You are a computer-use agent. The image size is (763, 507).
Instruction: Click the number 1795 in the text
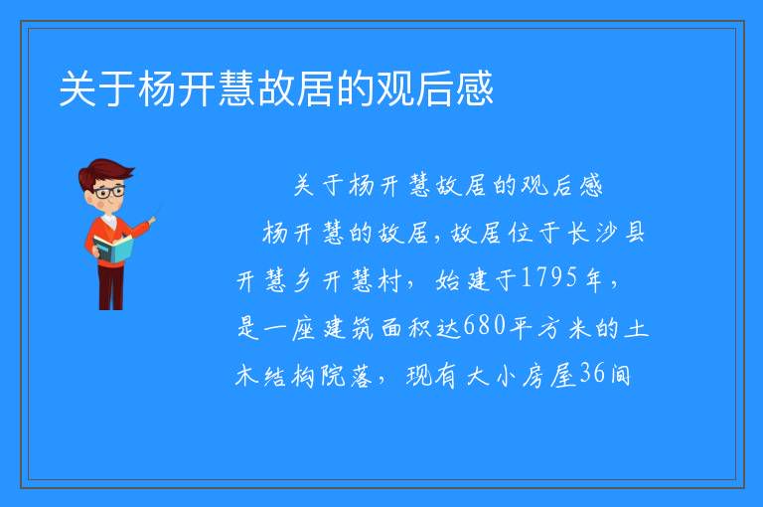click(x=549, y=277)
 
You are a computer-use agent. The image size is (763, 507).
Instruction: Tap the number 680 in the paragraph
click(x=484, y=325)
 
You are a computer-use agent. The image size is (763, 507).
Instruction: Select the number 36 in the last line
click(x=592, y=373)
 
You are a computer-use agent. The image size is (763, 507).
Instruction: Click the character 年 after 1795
click(x=595, y=279)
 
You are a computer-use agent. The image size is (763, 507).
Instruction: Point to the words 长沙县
click(x=606, y=233)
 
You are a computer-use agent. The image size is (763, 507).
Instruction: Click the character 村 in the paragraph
click(x=390, y=280)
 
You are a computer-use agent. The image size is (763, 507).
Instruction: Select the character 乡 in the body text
click(x=302, y=280)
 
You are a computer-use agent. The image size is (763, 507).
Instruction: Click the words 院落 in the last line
click(x=346, y=376)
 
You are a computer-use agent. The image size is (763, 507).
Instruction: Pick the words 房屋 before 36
click(x=549, y=375)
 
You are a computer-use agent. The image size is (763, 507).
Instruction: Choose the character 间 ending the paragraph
click(x=620, y=375)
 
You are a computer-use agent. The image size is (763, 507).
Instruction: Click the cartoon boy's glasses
click(x=110, y=192)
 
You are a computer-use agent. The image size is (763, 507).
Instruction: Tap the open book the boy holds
click(x=113, y=250)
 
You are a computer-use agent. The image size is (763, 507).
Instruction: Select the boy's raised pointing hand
click(x=152, y=220)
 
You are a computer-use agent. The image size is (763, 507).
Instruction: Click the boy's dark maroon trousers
click(x=110, y=287)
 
